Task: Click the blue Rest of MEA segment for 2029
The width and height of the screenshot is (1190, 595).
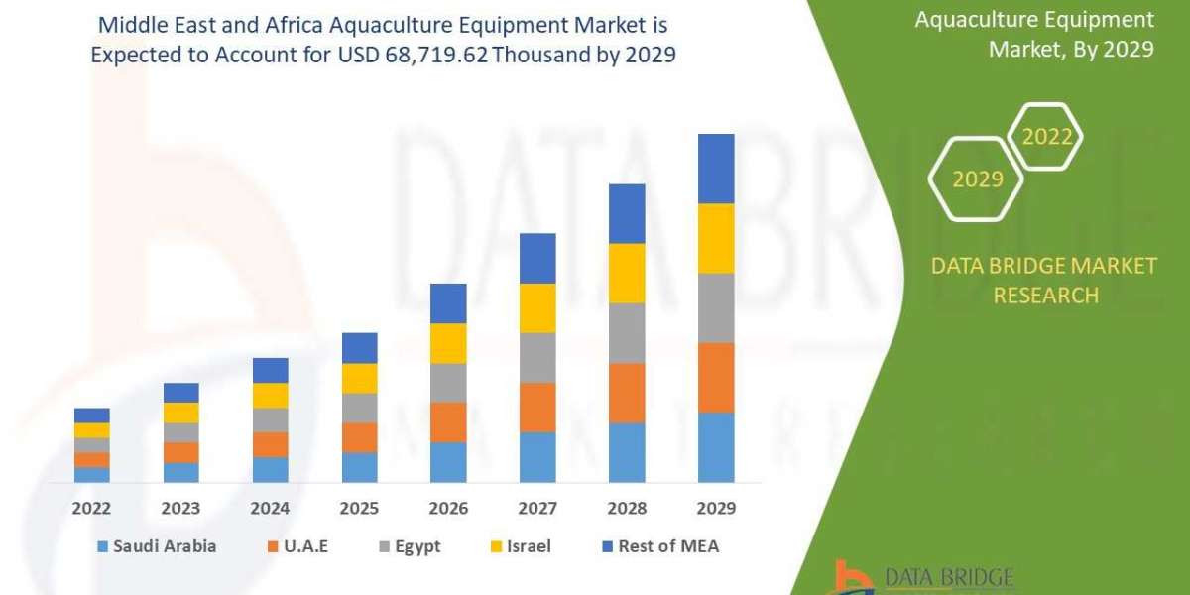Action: (x=716, y=169)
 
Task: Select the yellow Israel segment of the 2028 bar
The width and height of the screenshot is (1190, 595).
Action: (x=627, y=273)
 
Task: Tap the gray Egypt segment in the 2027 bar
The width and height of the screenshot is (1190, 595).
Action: (x=537, y=357)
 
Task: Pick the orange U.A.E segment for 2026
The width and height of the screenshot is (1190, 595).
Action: (x=448, y=422)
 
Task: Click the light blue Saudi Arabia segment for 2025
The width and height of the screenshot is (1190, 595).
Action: (x=359, y=467)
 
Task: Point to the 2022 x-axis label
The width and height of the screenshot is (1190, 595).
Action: (x=91, y=508)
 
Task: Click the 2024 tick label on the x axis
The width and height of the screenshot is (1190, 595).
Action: (x=270, y=508)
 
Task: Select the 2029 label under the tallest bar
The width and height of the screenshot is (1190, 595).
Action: (x=716, y=508)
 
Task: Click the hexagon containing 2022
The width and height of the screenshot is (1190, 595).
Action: (x=1045, y=137)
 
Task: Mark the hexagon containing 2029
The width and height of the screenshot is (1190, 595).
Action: (x=976, y=179)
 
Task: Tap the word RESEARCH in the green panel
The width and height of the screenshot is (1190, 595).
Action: (x=1045, y=295)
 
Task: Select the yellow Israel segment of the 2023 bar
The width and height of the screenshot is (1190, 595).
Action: (x=180, y=413)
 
